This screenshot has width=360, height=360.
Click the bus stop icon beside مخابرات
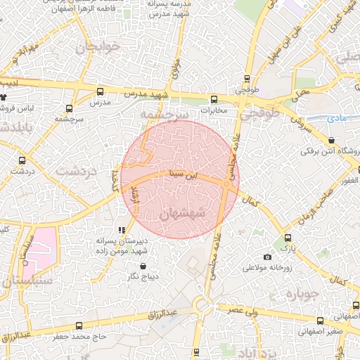(214, 99)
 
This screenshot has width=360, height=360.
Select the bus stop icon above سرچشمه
(69, 108)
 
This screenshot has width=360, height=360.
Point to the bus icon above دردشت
(23, 160)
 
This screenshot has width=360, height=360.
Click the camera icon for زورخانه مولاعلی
(267, 257)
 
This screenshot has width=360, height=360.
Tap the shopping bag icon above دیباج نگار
(143, 266)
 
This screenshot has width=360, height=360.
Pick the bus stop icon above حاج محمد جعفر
(78, 326)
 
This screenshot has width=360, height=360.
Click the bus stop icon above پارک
(288, 238)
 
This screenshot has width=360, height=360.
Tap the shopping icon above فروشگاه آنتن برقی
(331, 139)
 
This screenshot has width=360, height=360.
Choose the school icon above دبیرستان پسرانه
(121, 229)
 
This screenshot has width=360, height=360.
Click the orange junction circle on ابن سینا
(226, 184)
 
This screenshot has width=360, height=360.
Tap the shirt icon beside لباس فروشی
(4, 98)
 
